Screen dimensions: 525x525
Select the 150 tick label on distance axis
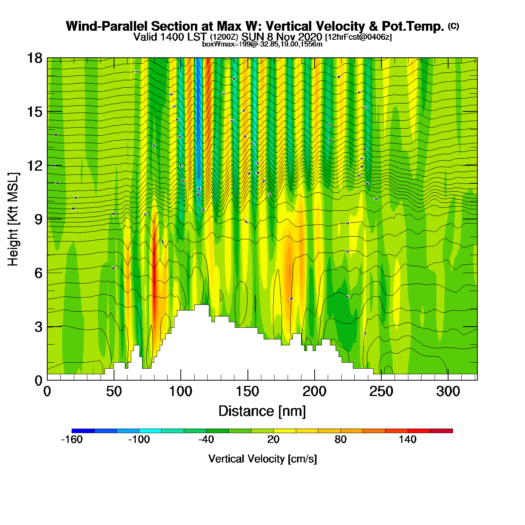click(x=247, y=391)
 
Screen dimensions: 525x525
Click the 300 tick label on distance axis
click(x=448, y=391)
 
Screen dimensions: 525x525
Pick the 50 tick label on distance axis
click(x=114, y=391)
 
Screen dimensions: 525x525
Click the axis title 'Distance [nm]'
click(x=262, y=411)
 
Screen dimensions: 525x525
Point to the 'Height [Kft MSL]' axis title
click(x=13, y=219)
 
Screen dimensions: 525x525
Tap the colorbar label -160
click(x=72, y=439)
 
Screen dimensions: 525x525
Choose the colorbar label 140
click(x=408, y=439)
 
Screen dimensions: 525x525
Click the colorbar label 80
click(x=340, y=439)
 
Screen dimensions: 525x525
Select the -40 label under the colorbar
click(x=206, y=439)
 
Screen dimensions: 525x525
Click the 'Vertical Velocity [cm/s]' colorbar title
click(x=262, y=459)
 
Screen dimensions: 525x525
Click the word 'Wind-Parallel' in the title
click(x=107, y=26)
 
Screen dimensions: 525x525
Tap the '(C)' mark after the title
click(x=453, y=26)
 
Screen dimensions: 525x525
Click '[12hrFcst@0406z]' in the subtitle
click(x=358, y=37)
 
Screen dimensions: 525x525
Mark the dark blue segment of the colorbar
click(x=83, y=431)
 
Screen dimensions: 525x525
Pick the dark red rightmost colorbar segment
click(x=441, y=431)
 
